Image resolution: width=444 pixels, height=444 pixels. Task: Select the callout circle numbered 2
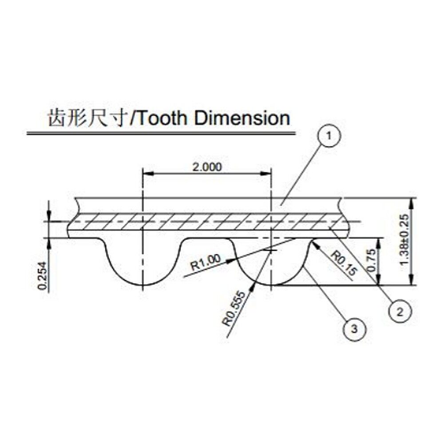tap(399, 311)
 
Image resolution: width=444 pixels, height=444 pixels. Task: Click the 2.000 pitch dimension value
tap(206, 167)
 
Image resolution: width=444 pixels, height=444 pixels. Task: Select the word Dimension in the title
tap(242, 119)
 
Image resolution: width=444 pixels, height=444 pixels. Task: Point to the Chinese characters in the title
tap(87, 119)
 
